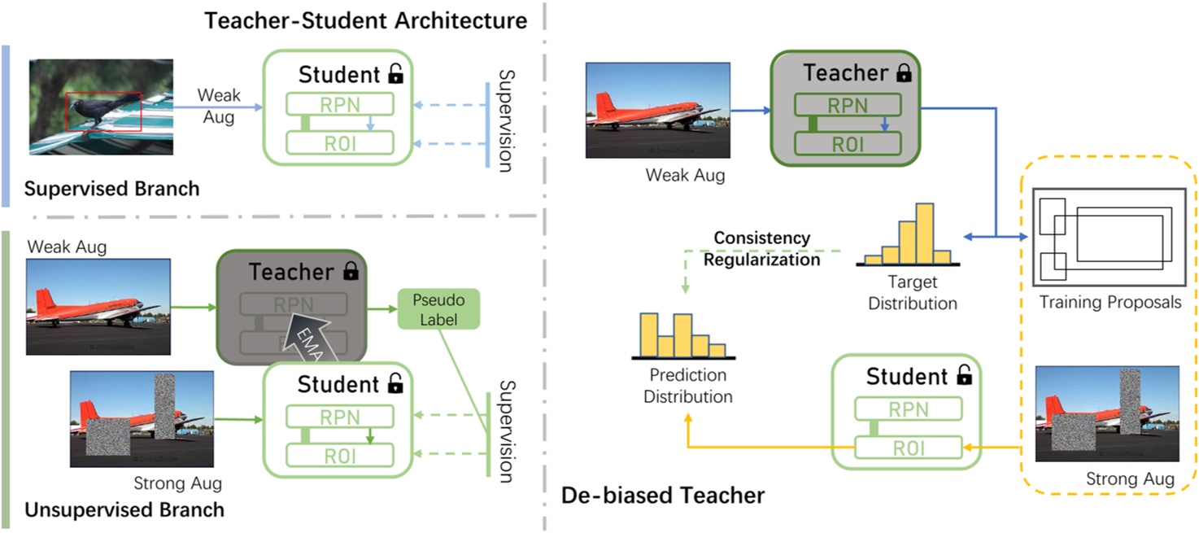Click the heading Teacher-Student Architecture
[365, 20]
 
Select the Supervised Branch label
[111, 189]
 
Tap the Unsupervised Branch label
[124, 510]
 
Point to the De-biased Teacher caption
[663, 494]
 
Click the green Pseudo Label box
[438, 309]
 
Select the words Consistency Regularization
[761, 248]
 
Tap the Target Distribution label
[912, 293]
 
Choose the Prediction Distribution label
[687, 387]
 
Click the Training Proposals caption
[1110, 303]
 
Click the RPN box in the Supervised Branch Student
[339, 104]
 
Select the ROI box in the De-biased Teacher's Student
[908, 448]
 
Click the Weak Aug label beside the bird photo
[218, 106]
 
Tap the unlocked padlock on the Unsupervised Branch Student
[395, 384]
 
